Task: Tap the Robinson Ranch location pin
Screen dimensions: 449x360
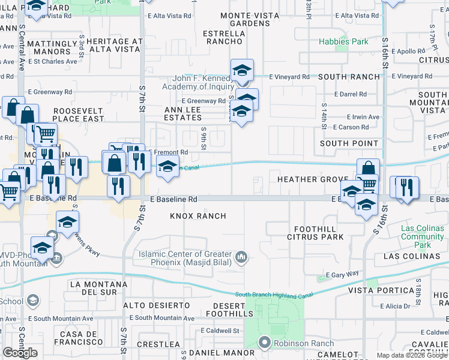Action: [x=264, y=343]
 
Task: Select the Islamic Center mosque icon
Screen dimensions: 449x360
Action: [x=241, y=257]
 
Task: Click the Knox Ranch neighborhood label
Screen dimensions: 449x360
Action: [x=198, y=216]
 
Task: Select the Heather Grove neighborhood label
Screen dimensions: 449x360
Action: [x=313, y=180]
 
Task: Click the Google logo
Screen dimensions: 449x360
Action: [x=20, y=352]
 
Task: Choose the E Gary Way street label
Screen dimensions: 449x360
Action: [x=342, y=274]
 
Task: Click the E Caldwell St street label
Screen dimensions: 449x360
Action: [x=220, y=331]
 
